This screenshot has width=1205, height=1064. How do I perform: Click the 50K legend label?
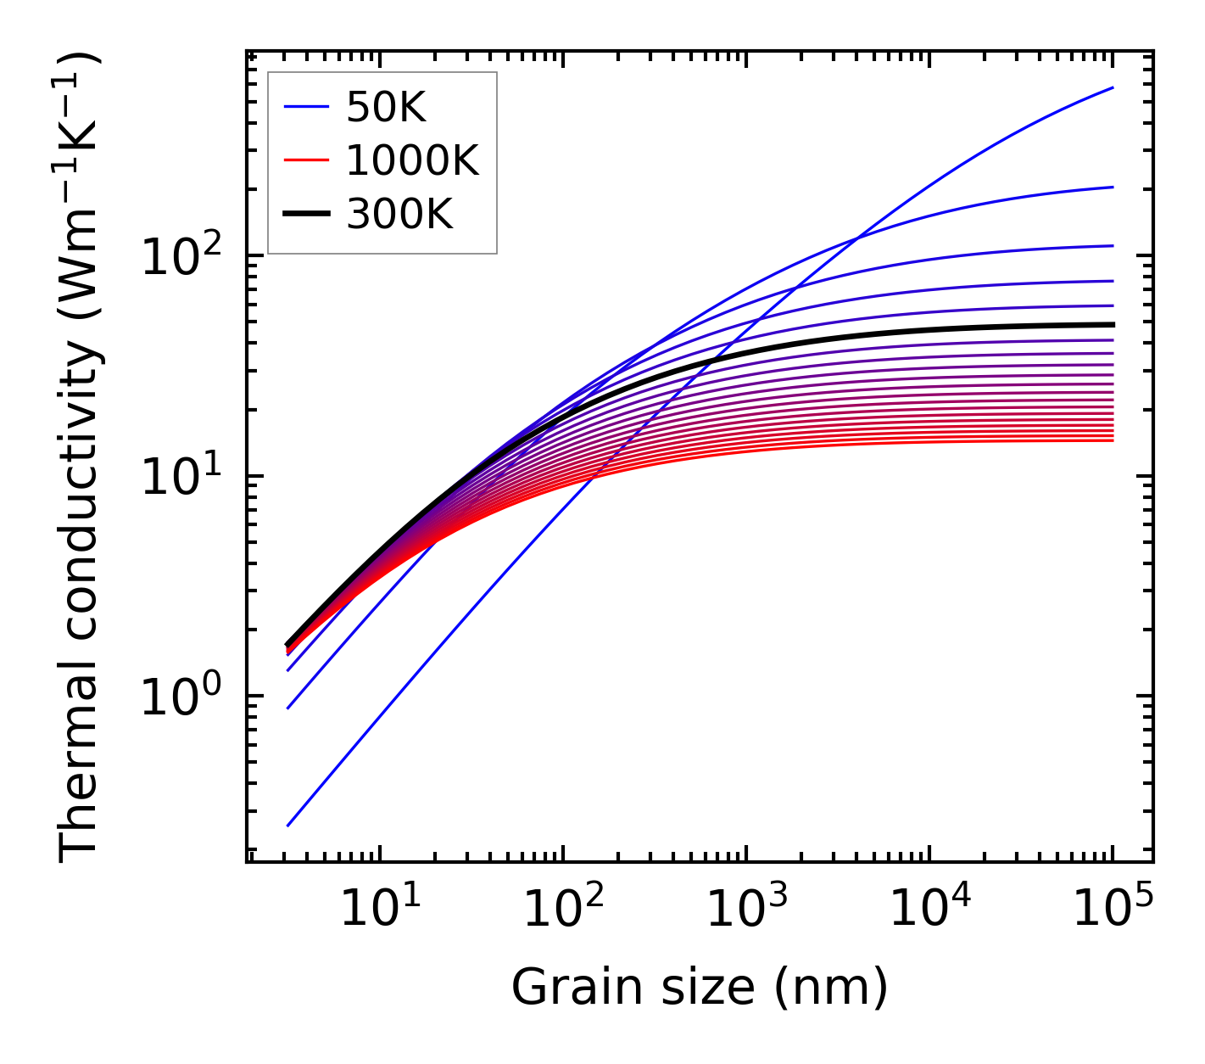point(386,108)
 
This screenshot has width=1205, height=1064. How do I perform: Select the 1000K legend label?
point(412,161)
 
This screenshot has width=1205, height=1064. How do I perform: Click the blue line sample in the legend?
point(305,108)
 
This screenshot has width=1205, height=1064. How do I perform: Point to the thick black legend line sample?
point(305,215)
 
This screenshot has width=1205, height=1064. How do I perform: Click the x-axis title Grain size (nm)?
point(700,988)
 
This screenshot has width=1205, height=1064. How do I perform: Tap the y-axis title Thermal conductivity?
point(81,456)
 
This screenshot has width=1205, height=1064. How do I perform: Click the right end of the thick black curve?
point(1113,324)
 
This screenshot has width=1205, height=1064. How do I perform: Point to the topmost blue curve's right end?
point(1113,87)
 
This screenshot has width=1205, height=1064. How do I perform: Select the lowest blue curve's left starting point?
point(288,826)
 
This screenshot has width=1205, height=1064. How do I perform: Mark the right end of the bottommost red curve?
point(1113,440)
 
